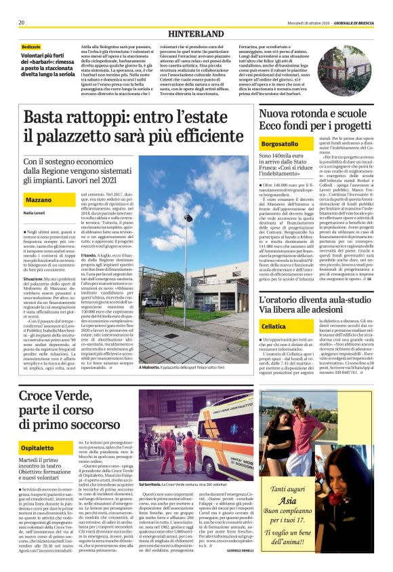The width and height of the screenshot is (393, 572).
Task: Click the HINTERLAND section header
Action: click(x=196, y=33)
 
